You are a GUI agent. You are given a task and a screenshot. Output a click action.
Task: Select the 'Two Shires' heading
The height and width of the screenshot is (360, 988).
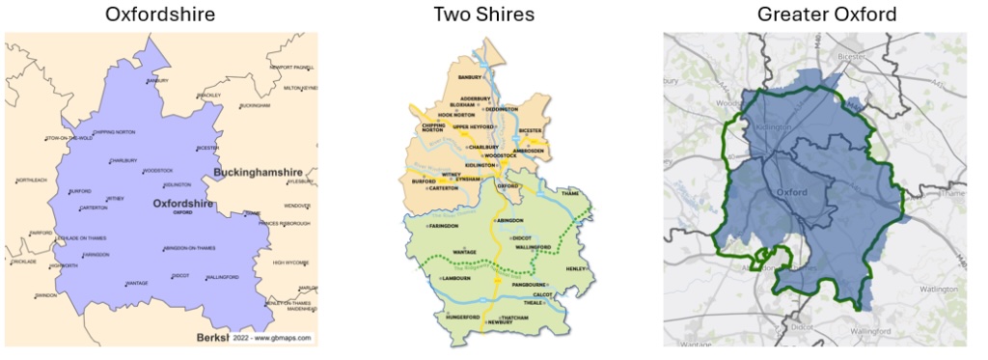497,14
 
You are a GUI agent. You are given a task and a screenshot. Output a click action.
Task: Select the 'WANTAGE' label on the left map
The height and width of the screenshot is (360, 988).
138,283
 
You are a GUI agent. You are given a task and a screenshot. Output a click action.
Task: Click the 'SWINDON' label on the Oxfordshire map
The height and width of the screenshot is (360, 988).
45,294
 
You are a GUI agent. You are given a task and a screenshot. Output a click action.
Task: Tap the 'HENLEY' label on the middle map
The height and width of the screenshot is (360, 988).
576,267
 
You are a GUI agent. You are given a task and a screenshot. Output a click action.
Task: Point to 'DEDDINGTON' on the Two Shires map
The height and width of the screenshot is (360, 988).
502,109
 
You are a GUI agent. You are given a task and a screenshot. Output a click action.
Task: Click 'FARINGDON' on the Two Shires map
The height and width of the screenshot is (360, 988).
440,226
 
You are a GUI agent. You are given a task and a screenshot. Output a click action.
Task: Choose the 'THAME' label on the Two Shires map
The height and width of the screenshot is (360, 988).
571,193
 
